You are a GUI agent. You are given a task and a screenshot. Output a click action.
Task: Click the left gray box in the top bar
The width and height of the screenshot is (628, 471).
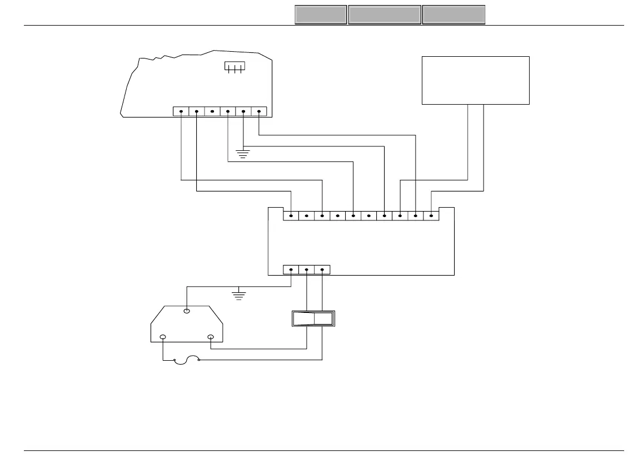coord(321,15)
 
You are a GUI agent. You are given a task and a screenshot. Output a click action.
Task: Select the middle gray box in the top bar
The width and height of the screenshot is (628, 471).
coord(385,15)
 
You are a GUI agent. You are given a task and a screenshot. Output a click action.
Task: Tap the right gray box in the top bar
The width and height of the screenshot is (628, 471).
coord(453,15)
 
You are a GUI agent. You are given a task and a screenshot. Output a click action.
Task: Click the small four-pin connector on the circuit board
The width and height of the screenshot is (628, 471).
coord(234,67)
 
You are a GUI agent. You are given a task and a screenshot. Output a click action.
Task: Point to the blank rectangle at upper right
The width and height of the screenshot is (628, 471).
coord(475,80)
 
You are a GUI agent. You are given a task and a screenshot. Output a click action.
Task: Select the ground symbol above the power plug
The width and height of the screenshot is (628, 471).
coord(239,295)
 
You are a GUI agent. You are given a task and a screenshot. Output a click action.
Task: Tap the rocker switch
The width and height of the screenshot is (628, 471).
coord(312,318)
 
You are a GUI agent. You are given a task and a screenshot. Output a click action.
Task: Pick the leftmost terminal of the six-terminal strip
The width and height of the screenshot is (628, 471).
coord(181,111)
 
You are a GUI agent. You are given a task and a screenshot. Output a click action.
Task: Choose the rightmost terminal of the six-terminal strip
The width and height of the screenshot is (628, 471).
coord(259,111)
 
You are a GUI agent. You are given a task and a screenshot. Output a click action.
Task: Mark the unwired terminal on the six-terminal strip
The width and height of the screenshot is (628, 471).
coord(212,111)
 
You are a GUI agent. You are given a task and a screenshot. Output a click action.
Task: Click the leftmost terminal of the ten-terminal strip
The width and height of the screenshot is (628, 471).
coord(291,215)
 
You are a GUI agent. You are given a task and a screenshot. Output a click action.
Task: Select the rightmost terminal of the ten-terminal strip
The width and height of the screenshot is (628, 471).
coord(431,215)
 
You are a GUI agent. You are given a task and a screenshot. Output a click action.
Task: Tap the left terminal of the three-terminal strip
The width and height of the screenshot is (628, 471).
coord(291,269)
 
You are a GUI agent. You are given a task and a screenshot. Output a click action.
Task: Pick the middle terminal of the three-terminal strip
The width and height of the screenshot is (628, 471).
coord(307,269)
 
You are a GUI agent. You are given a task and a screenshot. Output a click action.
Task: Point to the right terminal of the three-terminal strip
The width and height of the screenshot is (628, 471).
coord(322,269)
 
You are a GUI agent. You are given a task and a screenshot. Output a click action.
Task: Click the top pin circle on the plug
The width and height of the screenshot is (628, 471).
coord(187,311)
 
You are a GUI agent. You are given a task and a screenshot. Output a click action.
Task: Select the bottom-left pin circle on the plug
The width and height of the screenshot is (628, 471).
coord(163,337)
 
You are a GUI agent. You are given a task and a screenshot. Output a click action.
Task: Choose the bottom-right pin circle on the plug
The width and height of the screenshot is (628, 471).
coord(211,337)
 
